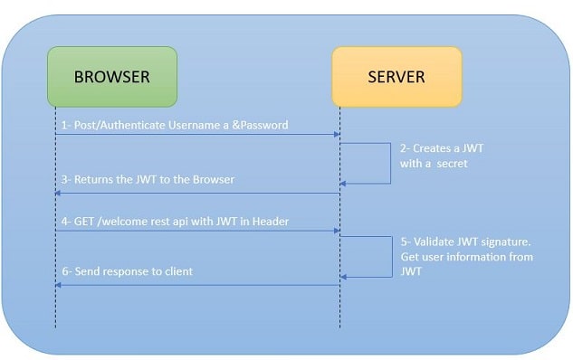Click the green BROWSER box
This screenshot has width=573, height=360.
pos(110,77)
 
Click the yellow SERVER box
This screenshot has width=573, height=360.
pos(396,77)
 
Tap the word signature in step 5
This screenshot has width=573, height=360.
pos(507,242)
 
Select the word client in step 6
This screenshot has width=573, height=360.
pos(177,271)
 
